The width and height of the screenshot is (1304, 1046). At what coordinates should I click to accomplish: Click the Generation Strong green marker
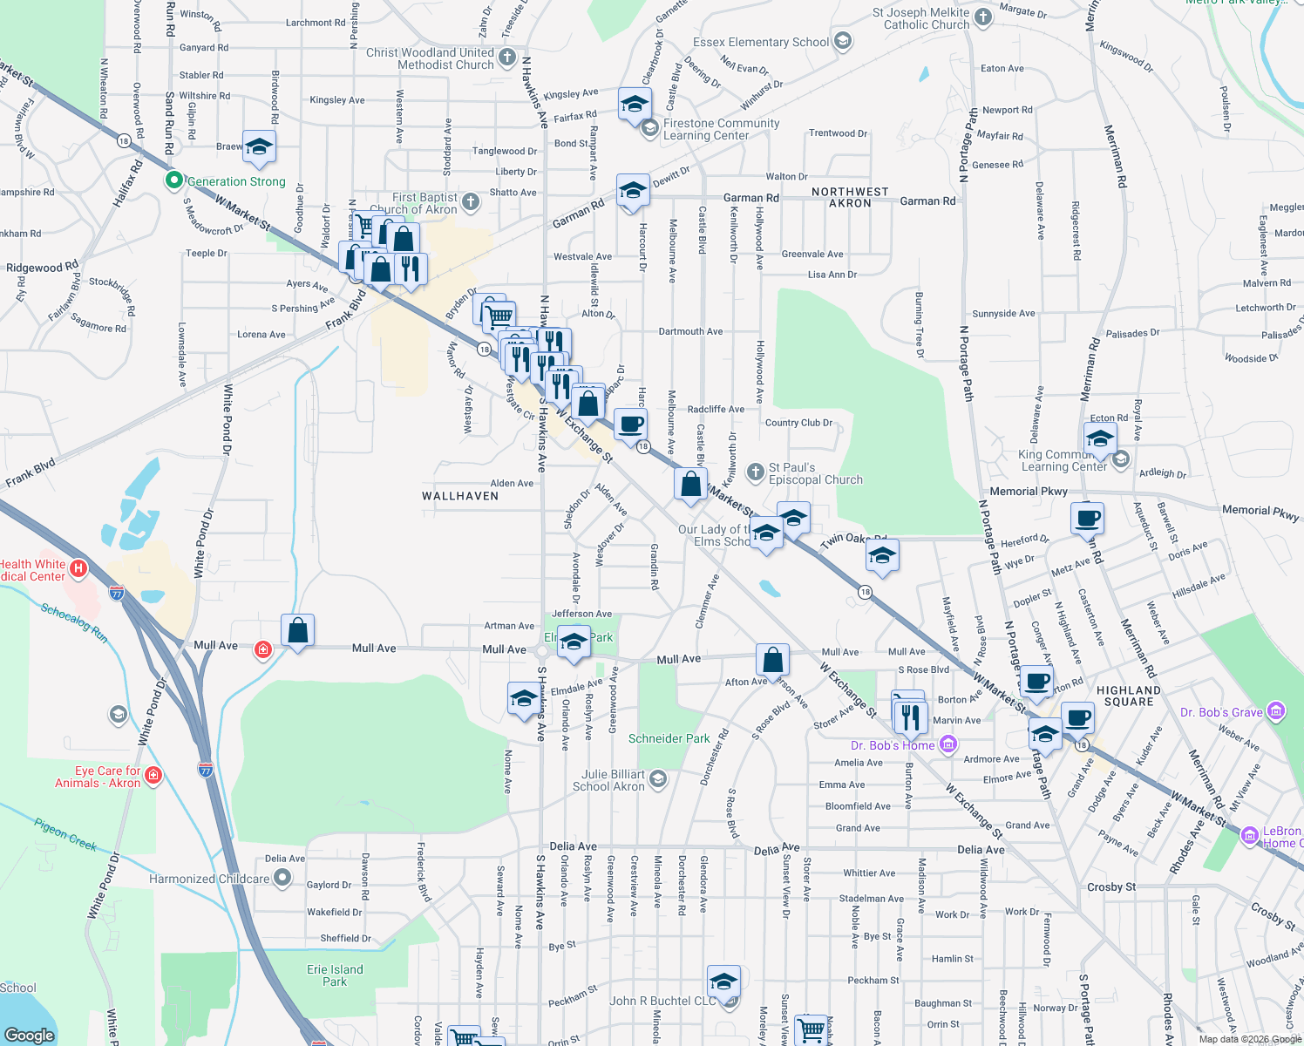point(174,180)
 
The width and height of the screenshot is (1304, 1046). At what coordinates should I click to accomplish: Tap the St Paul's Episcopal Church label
point(815,474)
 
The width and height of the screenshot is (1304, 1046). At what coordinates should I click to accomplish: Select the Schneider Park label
point(669,738)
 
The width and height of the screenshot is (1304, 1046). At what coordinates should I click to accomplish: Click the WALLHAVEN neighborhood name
point(460,496)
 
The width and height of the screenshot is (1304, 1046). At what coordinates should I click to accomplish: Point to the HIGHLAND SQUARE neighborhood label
point(1129,696)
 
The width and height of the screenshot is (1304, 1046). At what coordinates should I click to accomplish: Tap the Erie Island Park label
point(335,975)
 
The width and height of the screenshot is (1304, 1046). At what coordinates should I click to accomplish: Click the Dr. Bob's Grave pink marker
point(1276,712)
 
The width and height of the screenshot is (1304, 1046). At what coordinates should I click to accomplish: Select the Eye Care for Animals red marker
point(153,775)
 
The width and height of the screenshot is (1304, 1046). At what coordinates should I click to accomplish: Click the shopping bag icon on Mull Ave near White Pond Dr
point(297,631)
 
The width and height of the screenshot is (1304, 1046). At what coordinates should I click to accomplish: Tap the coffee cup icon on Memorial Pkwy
point(1087,519)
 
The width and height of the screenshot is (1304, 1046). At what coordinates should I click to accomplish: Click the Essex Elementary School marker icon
point(842,41)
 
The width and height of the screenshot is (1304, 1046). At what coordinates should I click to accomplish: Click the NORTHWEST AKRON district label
point(850,197)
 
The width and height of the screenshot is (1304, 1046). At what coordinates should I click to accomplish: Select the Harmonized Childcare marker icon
point(282,879)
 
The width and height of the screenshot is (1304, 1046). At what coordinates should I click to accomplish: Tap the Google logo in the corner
point(30,1035)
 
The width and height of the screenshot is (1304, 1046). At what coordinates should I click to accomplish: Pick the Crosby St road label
point(1111,887)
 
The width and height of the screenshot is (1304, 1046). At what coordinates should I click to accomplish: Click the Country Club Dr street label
point(798,423)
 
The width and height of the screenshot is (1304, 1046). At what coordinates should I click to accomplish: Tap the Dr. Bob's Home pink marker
point(948,744)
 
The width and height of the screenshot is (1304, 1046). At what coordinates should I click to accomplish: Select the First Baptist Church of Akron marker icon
point(471,203)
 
